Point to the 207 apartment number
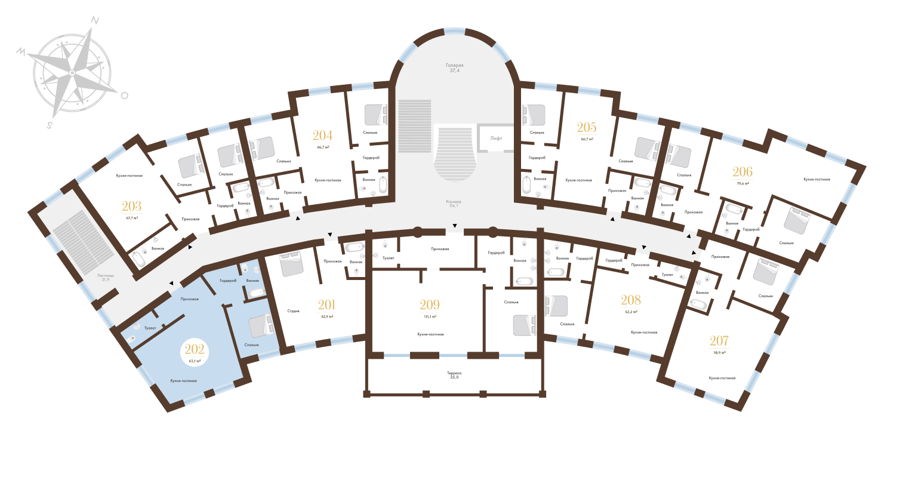[719, 345]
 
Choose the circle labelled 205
[587, 131]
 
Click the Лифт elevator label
[496, 138]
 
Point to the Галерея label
[454, 65]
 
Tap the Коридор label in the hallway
[454, 202]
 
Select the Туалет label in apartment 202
[150, 328]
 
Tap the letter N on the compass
[94, 20]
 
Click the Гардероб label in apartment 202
[229, 281]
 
